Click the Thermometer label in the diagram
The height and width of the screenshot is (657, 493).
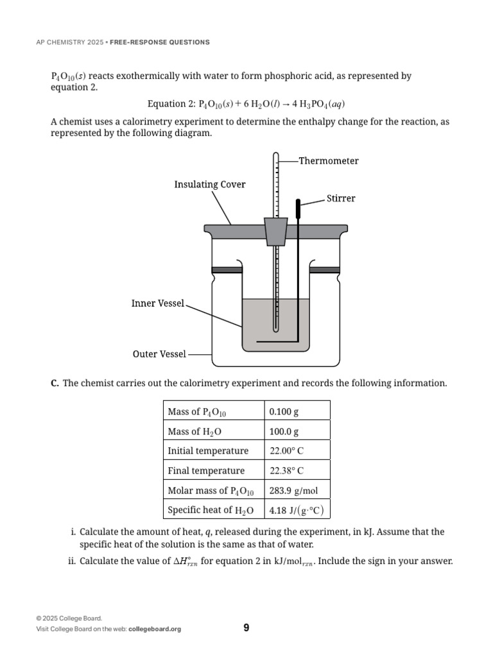pos(328,161)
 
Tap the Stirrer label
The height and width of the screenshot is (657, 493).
pos(341,198)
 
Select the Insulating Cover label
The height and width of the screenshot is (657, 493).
pos(210,185)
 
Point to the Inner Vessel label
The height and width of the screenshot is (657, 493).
pos(158,303)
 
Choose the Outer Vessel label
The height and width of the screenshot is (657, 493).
pos(159,354)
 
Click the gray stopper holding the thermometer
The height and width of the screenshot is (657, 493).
pos(275,231)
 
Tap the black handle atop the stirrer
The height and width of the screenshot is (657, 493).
pos(298,208)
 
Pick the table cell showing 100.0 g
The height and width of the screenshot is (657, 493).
pos(284,432)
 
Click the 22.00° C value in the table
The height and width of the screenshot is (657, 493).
pos(287,451)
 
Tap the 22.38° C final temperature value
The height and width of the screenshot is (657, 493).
pos(287,471)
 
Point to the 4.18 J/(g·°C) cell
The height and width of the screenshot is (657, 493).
pos(297,511)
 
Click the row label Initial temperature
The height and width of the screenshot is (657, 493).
pos(208,451)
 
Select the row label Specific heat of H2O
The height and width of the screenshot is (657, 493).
pos(211,511)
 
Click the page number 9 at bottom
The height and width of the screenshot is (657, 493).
pos(246,627)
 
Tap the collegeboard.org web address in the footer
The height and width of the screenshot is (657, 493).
pos(155,629)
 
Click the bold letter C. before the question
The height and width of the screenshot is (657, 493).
pos(55,383)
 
